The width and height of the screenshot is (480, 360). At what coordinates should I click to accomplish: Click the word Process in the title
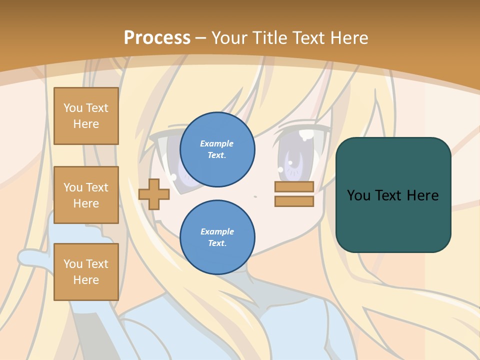pyautogui.click(x=157, y=38)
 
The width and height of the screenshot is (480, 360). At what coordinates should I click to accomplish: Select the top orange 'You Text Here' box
pyautogui.click(x=86, y=116)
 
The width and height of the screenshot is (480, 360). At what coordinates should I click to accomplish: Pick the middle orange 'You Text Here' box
pyautogui.click(x=86, y=195)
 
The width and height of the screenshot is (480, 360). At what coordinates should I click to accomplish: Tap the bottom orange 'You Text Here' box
pyautogui.click(x=86, y=272)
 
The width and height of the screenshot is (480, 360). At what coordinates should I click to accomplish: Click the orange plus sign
pyautogui.click(x=154, y=194)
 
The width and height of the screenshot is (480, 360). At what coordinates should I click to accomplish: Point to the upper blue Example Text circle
pyautogui.click(x=217, y=149)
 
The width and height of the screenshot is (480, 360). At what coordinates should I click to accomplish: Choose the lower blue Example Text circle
pyautogui.click(x=217, y=237)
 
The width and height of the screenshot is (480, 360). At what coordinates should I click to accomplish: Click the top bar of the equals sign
pyautogui.click(x=294, y=186)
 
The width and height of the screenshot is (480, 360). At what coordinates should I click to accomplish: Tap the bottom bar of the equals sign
pyautogui.click(x=294, y=201)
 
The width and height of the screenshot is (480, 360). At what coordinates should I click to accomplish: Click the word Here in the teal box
pyautogui.click(x=422, y=195)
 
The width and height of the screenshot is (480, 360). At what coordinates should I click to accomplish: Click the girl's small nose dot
pyautogui.click(x=255, y=196)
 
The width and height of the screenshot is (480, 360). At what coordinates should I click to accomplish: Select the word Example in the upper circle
pyautogui.click(x=217, y=143)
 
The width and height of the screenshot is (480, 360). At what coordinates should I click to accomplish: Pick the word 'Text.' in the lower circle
pyautogui.click(x=217, y=243)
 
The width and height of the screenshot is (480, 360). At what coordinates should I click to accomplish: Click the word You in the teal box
pyautogui.click(x=358, y=195)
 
